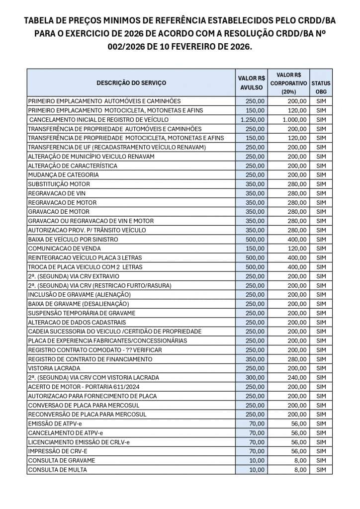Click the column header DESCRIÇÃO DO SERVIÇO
point(131,83)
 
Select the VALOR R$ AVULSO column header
point(251,83)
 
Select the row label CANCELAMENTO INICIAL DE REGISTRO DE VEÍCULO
point(99,119)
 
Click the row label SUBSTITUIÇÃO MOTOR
point(59,184)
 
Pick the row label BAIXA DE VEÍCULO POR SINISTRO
point(73,239)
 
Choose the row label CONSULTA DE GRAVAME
point(61,460)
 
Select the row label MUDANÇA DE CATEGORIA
point(63,175)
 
